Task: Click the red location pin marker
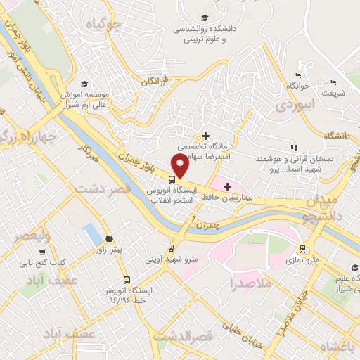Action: pos(180,166)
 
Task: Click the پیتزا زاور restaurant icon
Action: pos(108,238)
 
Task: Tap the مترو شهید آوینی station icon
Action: pos(171,248)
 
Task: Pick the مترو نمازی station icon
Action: pos(302,248)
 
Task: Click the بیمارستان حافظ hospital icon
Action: pos(226,186)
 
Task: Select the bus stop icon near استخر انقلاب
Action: pos(172,178)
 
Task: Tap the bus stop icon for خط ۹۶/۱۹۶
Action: pos(126,278)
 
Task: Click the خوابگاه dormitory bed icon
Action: pos(298,75)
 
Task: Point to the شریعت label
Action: pos(333,93)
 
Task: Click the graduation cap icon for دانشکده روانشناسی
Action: pos(204,18)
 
